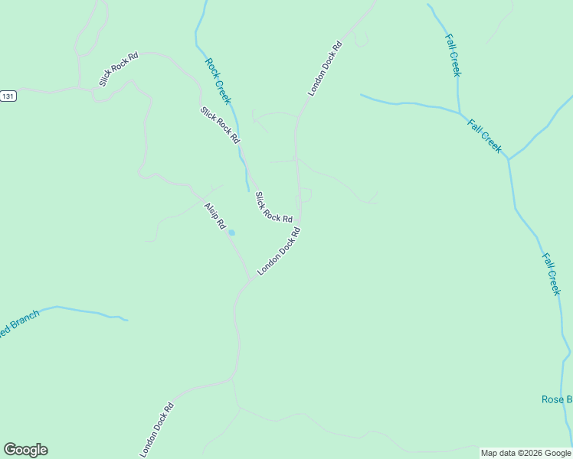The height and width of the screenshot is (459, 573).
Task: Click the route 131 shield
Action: pyautogui.click(x=8, y=96)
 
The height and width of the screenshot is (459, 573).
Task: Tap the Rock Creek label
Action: pyautogui.click(x=218, y=81)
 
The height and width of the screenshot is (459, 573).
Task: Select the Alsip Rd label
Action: pyautogui.click(x=214, y=216)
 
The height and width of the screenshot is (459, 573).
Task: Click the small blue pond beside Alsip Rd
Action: pyautogui.click(x=231, y=233)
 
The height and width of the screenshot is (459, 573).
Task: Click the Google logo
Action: pyautogui.click(x=25, y=450)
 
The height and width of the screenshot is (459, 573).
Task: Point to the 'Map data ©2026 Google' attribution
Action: pyautogui.click(x=526, y=453)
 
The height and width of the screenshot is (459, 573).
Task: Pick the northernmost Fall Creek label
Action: pyautogui.click(x=453, y=54)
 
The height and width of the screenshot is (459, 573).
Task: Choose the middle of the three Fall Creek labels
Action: pyautogui.click(x=485, y=135)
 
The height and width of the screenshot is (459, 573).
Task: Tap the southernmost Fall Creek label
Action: pyautogui.click(x=552, y=274)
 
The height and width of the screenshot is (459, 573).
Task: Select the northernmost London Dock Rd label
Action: pyautogui.click(x=325, y=68)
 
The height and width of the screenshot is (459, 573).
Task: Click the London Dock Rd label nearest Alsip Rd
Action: pyautogui.click(x=277, y=256)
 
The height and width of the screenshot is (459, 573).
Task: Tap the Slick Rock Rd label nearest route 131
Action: pyautogui.click(x=118, y=69)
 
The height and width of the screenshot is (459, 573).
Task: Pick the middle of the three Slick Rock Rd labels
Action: pyautogui.click(x=220, y=125)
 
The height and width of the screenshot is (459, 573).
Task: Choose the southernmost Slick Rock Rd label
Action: pyautogui.click(x=273, y=207)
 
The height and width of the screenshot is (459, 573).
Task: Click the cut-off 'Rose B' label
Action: pyautogui.click(x=556, y=399)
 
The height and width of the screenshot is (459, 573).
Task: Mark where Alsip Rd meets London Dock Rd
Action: pyautogui.click(x=250, y=278)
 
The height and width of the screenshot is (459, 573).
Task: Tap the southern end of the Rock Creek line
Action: pyautogui.click(x=247, y=189)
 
